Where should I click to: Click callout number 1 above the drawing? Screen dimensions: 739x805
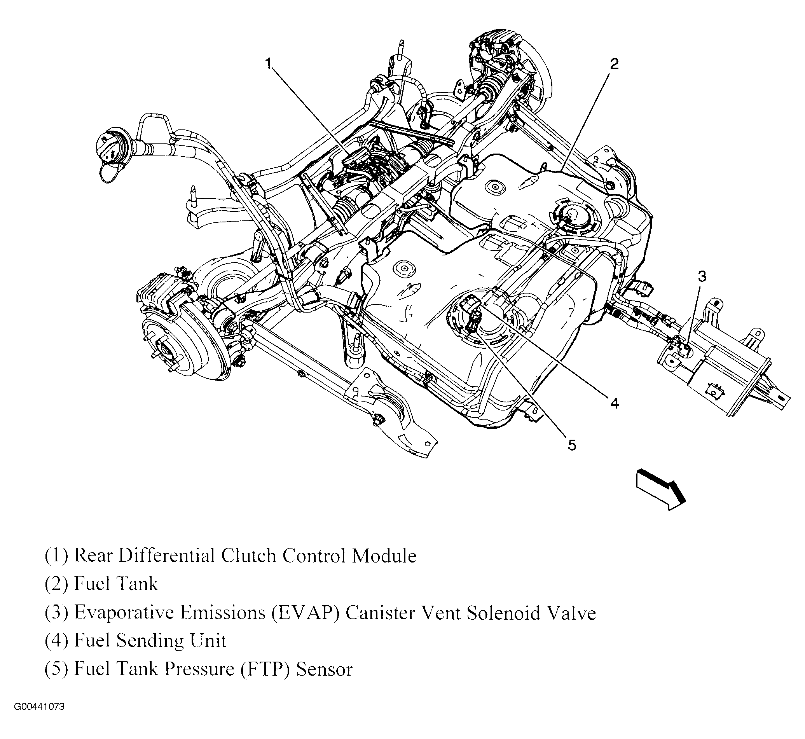point(269,63)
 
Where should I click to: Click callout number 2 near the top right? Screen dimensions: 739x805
point(614,64)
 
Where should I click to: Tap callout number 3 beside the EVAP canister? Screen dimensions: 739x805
point(702,276)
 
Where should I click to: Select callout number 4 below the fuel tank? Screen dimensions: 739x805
point(615,403)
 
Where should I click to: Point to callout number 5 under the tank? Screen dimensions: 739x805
point(572,445)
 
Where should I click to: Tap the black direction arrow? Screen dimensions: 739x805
point(661,489)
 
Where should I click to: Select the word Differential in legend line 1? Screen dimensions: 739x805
point(167,556)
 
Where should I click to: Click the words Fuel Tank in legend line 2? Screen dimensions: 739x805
point(116,584)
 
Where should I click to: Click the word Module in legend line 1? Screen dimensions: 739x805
point(384,556)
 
